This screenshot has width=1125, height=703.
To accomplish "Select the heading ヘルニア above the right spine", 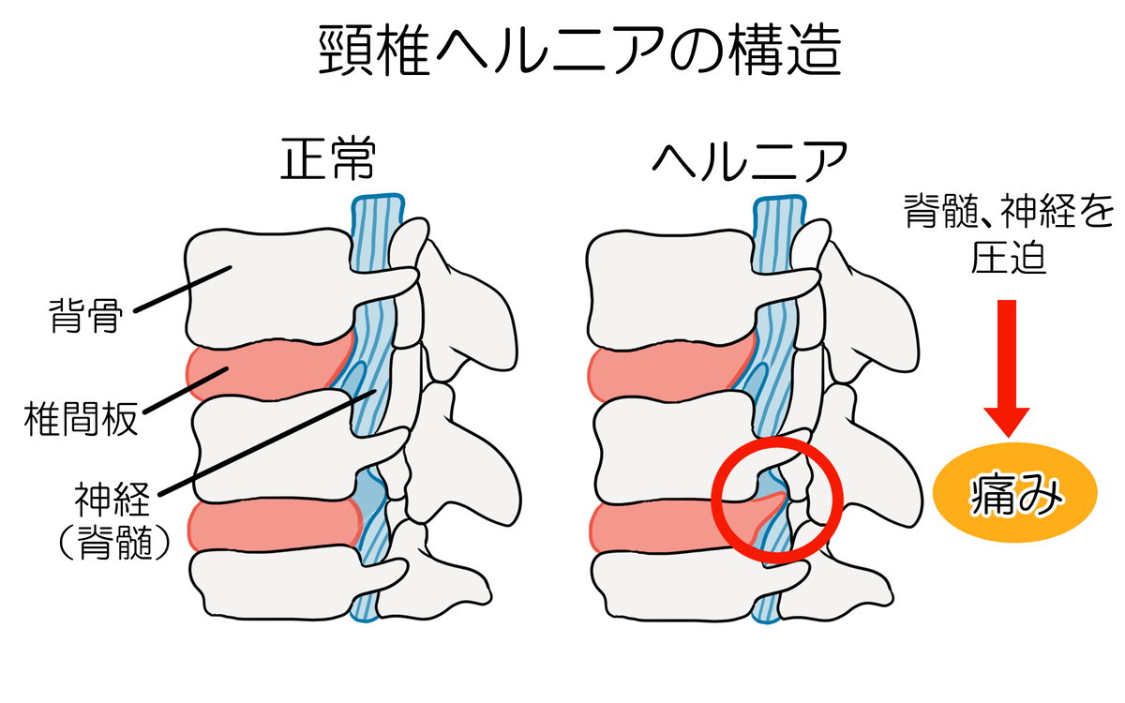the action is click(x=749, y=161).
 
